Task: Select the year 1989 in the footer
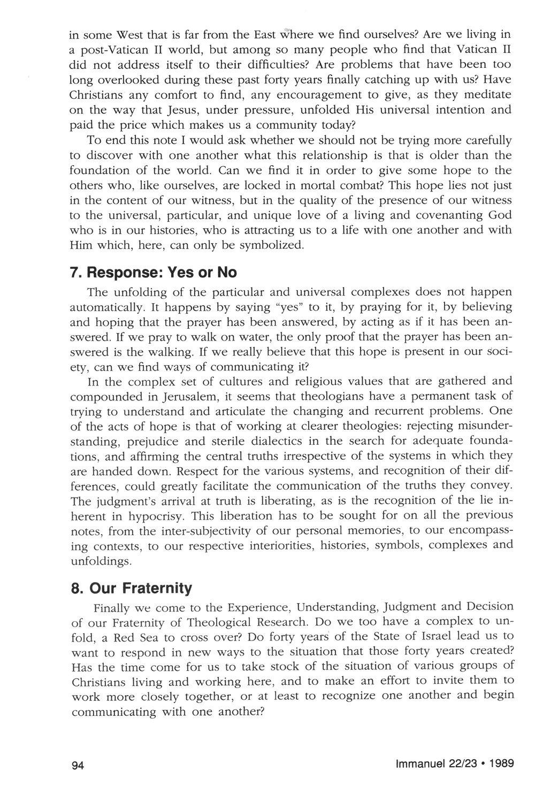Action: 501,763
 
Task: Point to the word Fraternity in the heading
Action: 156,589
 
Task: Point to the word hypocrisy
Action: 160,516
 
